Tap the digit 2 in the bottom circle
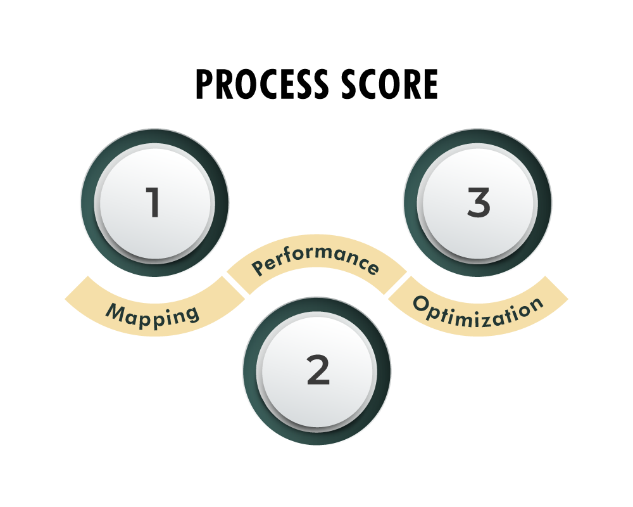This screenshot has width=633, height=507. pyautogui.click(x=318, y=370)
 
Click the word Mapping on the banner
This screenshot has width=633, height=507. pyautogui.click(x=153, y=314)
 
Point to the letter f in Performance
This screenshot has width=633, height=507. pyautogui.click(x=291, y=255)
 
